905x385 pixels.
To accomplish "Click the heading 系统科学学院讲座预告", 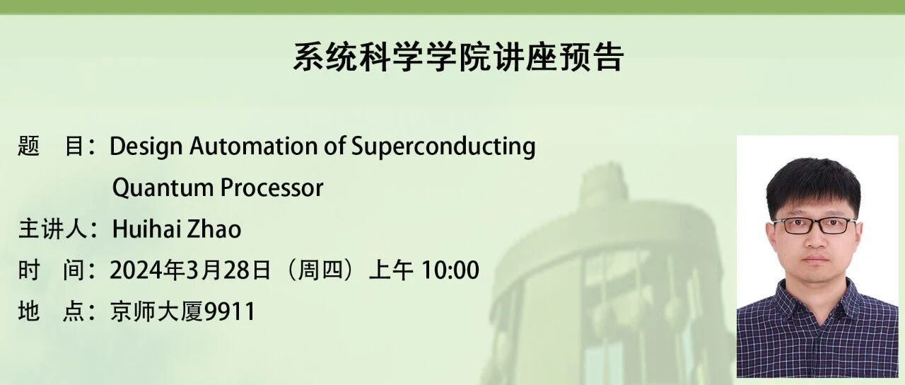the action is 459,58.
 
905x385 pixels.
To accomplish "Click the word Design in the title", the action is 146,146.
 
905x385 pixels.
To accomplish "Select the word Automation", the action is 254,146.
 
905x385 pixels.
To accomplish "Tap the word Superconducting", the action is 443,146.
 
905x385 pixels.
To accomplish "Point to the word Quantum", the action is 163,188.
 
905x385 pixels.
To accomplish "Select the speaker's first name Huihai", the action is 144,229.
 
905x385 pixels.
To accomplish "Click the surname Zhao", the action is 212,229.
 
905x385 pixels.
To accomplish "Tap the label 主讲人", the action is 52,229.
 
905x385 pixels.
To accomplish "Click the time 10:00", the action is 449,270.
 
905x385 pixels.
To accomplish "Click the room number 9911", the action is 230,311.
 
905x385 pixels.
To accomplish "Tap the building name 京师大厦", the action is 156,311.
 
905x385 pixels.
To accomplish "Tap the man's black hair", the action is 813,184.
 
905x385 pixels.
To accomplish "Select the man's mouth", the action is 815,259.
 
